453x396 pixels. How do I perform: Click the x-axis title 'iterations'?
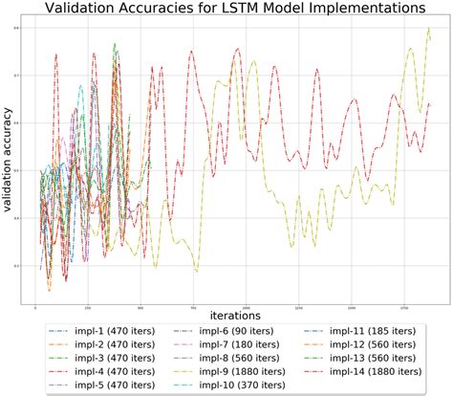(236, 313)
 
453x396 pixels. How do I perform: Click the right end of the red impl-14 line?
(431, 104)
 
